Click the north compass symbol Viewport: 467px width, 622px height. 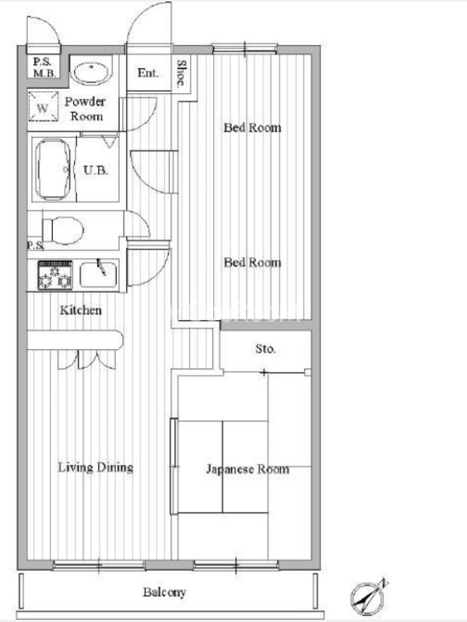367,597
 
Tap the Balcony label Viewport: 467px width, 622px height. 164,592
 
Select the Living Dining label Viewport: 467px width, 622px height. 96,468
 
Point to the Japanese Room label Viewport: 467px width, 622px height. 248,470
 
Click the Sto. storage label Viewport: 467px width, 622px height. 265,349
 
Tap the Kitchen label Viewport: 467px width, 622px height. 81,309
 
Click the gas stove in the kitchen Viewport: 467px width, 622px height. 55,274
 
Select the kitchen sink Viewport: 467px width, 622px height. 99,274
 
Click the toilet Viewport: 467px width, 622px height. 63,229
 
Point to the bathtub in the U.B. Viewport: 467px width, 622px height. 53,169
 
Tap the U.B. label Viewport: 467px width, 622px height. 96,170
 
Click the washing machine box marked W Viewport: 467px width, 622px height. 43,106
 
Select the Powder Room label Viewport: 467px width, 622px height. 85,109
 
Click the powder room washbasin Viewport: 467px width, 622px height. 91,73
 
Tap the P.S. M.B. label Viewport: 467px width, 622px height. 44,68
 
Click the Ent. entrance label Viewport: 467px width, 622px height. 148,72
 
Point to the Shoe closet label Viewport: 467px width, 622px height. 181,73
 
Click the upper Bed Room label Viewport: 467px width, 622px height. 252,128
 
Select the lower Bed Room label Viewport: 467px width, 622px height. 252,262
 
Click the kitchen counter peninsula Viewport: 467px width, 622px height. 75,341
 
